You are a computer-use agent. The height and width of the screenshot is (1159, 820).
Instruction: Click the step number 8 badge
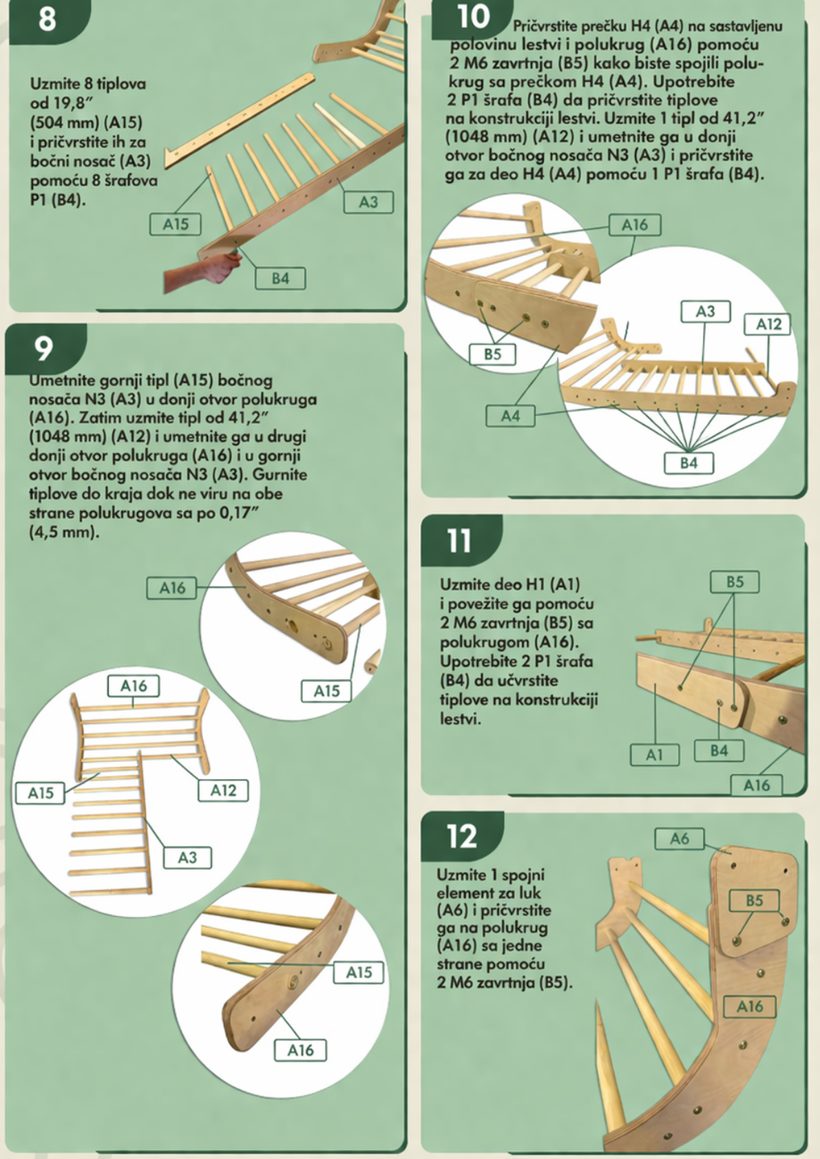[48, 20]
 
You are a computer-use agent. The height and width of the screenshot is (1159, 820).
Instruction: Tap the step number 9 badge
[45, 349]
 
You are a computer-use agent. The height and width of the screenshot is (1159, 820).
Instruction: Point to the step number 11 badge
[460, 541]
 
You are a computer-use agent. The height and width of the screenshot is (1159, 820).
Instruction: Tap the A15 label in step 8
[176, 224]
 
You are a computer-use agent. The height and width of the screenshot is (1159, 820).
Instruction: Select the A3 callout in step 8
[368, 202]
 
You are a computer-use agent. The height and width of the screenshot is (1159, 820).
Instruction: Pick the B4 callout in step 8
[280, 278]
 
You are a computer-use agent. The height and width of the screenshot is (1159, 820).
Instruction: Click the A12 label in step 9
[223, 790]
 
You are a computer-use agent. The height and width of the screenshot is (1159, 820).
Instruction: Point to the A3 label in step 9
[187, 858]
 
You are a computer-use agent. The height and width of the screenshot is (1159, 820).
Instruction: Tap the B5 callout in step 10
[492, 354]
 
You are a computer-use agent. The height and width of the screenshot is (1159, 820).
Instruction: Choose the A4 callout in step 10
[510, 416]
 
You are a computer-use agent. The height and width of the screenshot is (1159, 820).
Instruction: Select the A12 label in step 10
[768, 324]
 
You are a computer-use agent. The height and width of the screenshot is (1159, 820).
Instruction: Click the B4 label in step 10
[689, 462]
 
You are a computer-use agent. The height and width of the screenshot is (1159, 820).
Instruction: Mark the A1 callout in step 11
[655, 755]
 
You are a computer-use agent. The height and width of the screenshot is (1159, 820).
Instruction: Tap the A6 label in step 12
[680, 839]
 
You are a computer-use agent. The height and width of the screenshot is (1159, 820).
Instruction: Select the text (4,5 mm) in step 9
[63, 532]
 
